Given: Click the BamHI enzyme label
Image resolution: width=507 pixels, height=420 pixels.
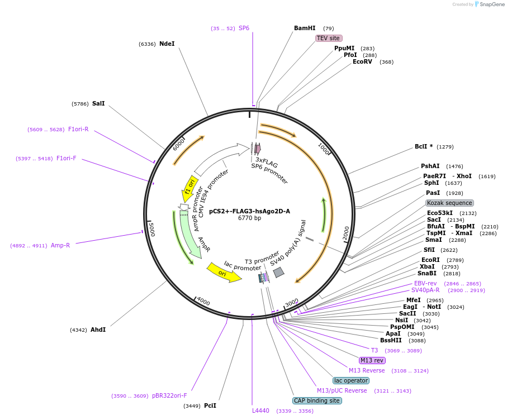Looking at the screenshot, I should click(305, 28).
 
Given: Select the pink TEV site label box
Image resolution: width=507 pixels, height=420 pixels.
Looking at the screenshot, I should click(329, 38).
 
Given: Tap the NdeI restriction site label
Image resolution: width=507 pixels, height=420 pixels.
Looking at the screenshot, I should click(167, 44).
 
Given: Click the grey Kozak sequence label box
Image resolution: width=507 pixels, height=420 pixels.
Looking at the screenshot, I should click(449, 203).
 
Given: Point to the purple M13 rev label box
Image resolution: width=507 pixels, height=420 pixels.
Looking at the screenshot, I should click(372, 360).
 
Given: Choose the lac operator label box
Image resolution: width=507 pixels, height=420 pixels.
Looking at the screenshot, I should click(351, 380).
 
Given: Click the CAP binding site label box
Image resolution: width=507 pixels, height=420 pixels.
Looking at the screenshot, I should click(316, 400).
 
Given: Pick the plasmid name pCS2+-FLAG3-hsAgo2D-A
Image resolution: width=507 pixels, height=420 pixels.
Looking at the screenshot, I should click(249, 211).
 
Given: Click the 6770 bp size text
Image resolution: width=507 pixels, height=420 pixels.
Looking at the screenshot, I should click(249, 218).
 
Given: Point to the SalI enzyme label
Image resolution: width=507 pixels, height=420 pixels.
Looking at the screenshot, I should click(98, 103).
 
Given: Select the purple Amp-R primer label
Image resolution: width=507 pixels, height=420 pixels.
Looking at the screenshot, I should click(60, 245).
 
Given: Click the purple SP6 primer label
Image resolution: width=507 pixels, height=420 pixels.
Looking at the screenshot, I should click(244, 28).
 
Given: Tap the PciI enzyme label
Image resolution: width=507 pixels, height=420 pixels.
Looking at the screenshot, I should click(210, 405).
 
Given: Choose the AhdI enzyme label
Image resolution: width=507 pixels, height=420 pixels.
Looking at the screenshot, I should click(98, 330).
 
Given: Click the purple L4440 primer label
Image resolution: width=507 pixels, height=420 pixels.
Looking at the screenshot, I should click(260, 411).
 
